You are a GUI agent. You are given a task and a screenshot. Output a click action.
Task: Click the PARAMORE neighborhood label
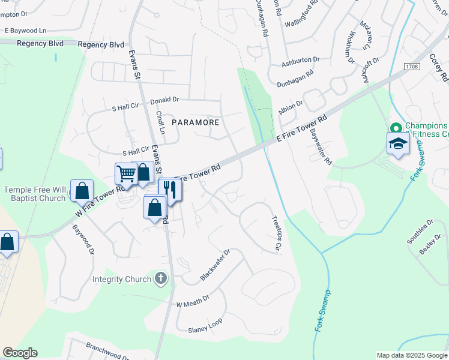(196, 122)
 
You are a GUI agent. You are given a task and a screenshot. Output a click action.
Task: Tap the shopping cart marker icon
(126, 174)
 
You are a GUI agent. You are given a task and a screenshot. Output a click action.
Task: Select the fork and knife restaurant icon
(170, 190)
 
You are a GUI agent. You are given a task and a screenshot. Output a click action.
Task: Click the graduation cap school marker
(398, 143)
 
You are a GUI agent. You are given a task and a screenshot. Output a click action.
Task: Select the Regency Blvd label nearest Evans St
(100, 45)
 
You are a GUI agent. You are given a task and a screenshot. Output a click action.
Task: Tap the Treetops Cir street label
(277, 233)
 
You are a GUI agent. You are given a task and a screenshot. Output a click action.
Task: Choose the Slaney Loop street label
(205, 325)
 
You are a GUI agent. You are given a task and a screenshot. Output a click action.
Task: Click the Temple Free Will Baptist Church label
(34, 194)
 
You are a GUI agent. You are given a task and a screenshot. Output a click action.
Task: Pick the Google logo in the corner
(20, 353)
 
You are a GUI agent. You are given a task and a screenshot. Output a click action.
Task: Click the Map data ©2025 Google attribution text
(411, 355)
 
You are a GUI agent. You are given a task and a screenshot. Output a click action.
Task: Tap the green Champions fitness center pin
(396, 128)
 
